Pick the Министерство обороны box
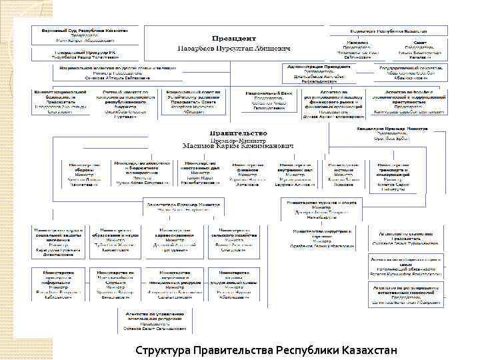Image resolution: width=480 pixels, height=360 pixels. click(x=82, y=174)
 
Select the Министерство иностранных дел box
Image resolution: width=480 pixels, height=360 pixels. click(x=201, y=174)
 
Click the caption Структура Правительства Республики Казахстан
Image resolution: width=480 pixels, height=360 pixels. click(x=265, y=350)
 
